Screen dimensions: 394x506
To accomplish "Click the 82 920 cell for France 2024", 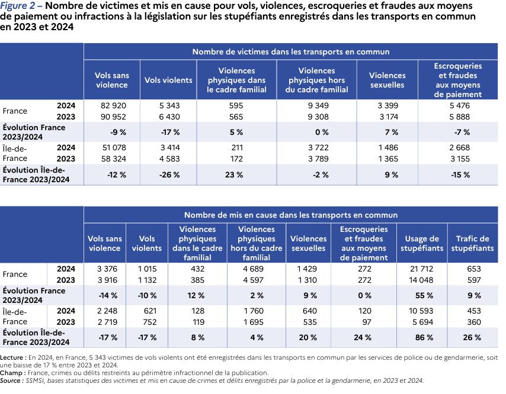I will coord(111,105).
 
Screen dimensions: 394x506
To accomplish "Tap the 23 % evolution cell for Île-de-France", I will coord(236,175).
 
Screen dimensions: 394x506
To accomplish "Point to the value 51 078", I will coord(111,147).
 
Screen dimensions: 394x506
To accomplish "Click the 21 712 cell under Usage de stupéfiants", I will coord(422,269).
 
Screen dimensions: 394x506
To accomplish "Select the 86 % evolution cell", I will coord(422,337).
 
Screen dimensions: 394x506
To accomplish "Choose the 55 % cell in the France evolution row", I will coord(422,295).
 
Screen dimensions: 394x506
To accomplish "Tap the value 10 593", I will coord(422,311).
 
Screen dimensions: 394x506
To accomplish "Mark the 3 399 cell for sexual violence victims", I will coord(387,105).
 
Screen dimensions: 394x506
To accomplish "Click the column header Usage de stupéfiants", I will coord(422,244).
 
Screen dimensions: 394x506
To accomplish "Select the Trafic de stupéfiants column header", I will coord(472,244).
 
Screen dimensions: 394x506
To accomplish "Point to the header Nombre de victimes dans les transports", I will coord(290,52).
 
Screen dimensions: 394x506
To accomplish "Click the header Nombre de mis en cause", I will coord(290,215).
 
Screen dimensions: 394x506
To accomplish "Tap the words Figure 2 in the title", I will coord(18,7).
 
